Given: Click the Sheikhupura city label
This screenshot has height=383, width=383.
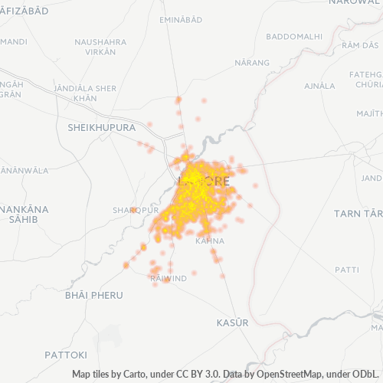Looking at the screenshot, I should pos(101,126).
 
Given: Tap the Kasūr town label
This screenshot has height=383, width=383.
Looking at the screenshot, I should pos(233,322).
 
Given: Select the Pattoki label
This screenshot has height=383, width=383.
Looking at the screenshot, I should pos(66,355).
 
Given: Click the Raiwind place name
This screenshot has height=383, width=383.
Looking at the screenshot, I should pos(169,279).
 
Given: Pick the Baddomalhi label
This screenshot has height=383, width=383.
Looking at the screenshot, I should pos(293,36).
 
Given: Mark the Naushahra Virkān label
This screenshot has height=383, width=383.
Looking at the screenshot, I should pos(96,47).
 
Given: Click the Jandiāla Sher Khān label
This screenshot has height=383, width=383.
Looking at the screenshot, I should pos(86,93).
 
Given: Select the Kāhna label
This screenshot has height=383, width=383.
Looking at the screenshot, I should pos(209,241).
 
